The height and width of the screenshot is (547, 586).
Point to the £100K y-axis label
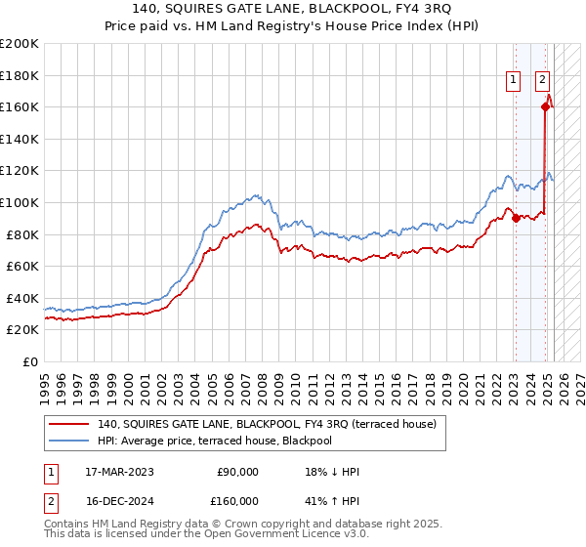click(20, 202)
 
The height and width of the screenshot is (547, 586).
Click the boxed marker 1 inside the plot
click(513, 82)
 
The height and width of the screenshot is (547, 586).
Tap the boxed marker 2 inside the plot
click(542, 82)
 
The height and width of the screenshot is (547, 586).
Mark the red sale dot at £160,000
click(545, 107)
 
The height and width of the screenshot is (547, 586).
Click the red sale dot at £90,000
click(516, 218)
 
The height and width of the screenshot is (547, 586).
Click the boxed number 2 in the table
click(50, 500)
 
